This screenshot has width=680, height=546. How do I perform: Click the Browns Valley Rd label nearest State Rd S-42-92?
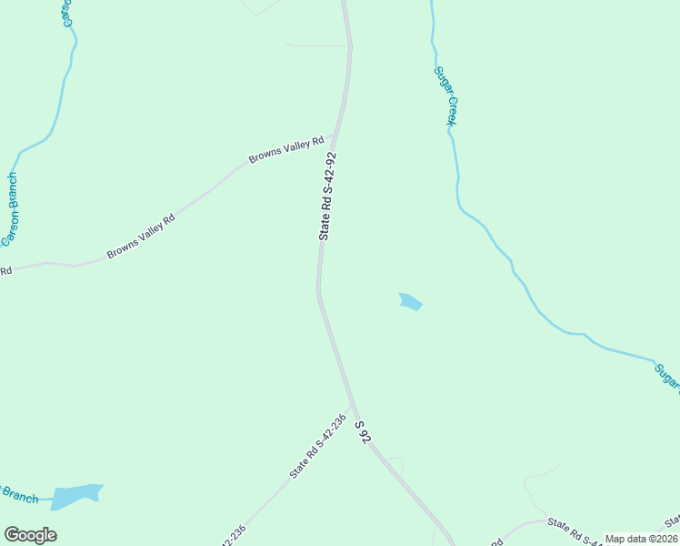click(x=287, y=150)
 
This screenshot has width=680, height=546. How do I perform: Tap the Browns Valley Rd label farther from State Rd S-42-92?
click(x=140, y=237)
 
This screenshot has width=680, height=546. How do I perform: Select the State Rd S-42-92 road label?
click(x=328, y=196)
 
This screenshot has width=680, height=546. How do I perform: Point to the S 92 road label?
click(x=363, y=432)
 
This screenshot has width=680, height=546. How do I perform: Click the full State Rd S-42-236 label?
click(x=318, y=447)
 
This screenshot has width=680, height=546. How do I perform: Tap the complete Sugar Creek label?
click(x=445, y=95)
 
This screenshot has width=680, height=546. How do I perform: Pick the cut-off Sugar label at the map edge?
click(x=667, y=377)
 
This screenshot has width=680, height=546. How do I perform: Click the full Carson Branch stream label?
click(x=10, y=209)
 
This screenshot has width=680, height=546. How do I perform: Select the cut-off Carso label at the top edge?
click(x=66, y=13)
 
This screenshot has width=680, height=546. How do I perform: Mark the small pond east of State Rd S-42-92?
click(x=411, y=301)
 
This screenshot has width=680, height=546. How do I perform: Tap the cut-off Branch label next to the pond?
click(x=18, y=494)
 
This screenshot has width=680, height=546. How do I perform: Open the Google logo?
click(x=30, y=535)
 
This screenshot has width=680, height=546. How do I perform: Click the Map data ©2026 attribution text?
click(x=641, y=539)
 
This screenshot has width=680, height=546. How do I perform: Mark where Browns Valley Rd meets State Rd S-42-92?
click(x=333, y=139)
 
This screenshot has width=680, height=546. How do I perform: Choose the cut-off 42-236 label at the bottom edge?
click(x=231, y=536)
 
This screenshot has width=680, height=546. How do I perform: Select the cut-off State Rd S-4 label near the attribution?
click(x=581, y=530)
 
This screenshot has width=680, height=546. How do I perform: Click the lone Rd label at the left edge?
click(x=5, y=270)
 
